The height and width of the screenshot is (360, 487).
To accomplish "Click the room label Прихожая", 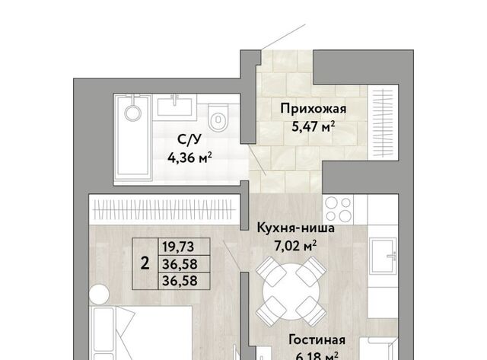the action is coord(313,109).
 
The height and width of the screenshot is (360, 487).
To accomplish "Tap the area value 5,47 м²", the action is coord(313,126).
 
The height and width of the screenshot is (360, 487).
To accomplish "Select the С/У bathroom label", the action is coord(189,140).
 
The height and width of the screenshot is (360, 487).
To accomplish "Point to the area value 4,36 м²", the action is coord(189,158).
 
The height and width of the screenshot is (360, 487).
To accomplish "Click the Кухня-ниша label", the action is coord(296,228).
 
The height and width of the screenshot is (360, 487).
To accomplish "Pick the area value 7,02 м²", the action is coord(295,246).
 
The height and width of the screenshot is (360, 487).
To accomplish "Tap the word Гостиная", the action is coord(317,339).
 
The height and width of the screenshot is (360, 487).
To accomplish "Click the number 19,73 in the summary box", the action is coord(178,247).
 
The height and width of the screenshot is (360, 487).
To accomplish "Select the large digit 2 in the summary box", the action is coord(145,263).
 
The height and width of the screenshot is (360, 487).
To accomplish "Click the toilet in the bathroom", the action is coord(218,117).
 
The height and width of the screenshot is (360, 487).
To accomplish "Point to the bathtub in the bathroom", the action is coord(133,138).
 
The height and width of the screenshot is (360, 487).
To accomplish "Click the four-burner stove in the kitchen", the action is coord(338,209).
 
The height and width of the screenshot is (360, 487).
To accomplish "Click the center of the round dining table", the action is coord(291,291).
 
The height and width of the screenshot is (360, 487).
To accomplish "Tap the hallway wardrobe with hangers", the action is coord(383,123).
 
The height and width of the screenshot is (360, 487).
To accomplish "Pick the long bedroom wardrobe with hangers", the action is coord(164,209).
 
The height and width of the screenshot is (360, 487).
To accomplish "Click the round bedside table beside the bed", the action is coord(99,294).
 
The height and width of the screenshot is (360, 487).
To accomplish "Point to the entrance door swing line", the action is coord(283,37).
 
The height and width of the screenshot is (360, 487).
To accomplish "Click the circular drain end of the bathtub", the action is coord(133,113).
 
